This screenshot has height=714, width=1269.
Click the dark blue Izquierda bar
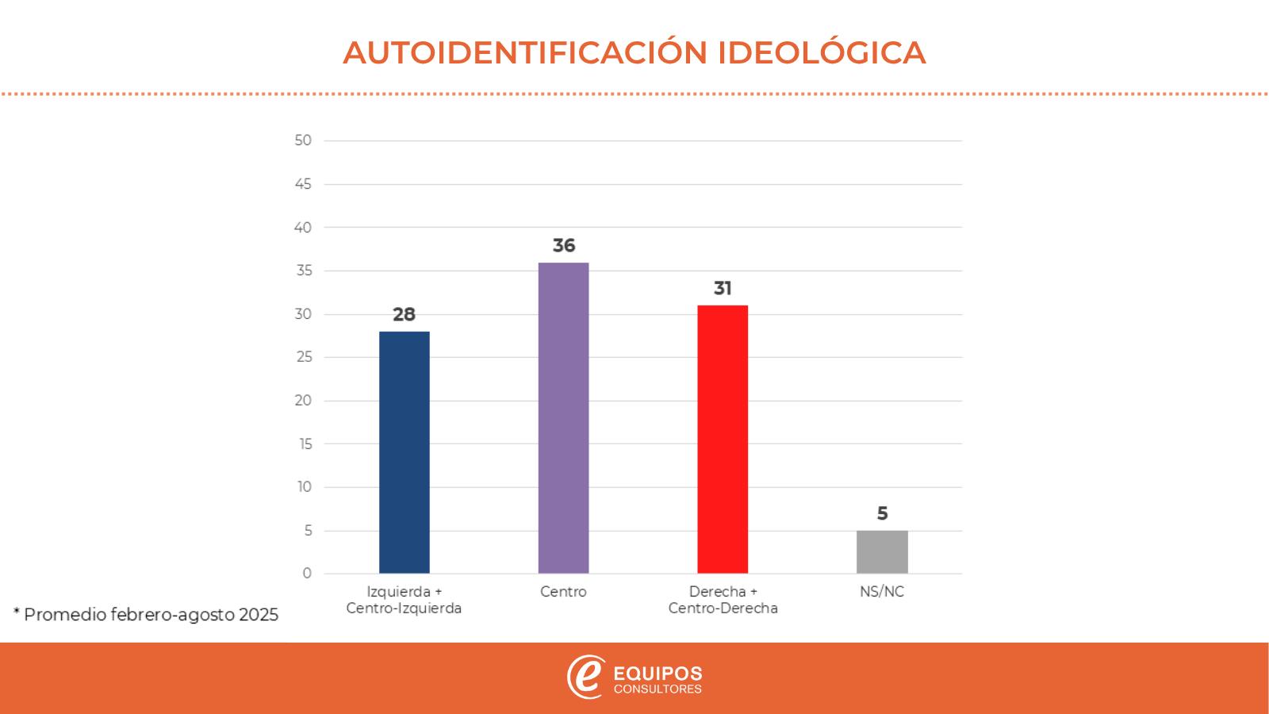(404, 452)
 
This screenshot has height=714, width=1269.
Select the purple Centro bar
(563, 418)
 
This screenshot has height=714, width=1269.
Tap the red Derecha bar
(723, 439)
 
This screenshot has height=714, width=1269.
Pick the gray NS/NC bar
(882, 551)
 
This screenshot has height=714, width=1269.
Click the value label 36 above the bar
(564, 246)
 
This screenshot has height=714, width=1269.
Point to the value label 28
(404, 315)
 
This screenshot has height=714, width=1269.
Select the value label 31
(723, 289)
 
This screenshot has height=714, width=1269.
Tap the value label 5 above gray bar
(882, 514)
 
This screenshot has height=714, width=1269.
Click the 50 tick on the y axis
(303, 140)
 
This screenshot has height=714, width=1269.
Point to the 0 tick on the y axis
(307, 574)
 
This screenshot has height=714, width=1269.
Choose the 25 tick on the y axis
(303, 357)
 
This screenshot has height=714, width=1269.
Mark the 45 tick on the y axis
(303, 184)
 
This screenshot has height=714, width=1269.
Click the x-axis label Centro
(563, 592)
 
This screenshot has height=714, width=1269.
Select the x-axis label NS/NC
(882, 592)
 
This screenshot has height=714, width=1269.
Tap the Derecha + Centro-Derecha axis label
(723, 600)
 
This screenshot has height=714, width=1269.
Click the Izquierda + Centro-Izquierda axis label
(404, 600)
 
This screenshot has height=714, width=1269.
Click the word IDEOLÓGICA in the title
(822, 52)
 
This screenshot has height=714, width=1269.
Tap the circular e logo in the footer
(585, 677)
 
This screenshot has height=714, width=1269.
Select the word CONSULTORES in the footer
(658, 689)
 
